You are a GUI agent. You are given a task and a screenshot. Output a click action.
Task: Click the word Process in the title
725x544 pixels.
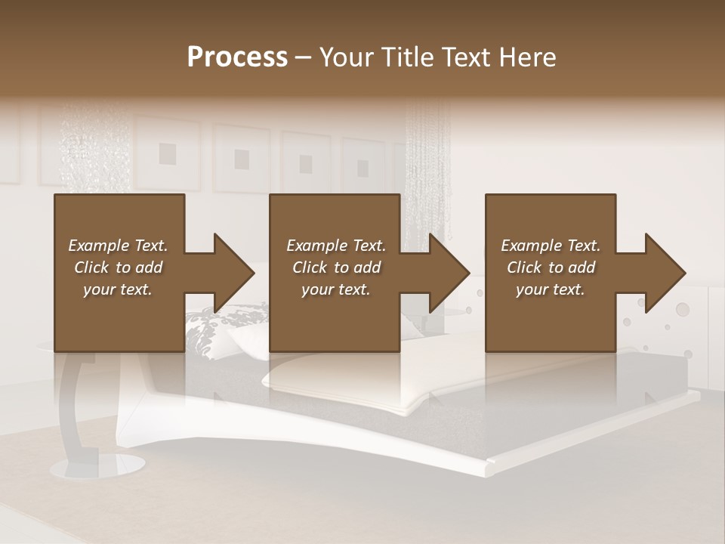coord(237,57)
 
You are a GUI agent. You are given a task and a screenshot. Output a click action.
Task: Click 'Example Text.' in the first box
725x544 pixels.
coord(118,246)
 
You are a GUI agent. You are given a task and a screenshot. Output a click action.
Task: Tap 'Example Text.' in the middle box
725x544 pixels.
coord(336,246)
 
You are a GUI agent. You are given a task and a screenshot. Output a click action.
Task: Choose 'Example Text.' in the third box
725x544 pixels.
coord(551,246)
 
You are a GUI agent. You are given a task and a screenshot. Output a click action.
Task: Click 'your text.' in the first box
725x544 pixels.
coord(118,289)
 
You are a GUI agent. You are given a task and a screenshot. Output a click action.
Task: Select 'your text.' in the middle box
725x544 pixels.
coord(336,289)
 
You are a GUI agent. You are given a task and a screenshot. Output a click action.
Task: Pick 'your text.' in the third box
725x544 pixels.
coord(551,289)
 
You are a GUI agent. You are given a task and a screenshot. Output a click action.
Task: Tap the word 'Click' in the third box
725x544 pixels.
coord(524,267)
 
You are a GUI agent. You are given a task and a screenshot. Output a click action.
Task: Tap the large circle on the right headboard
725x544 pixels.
coord(682,308)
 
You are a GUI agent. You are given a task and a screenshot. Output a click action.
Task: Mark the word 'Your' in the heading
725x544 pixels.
coord(345,57)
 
